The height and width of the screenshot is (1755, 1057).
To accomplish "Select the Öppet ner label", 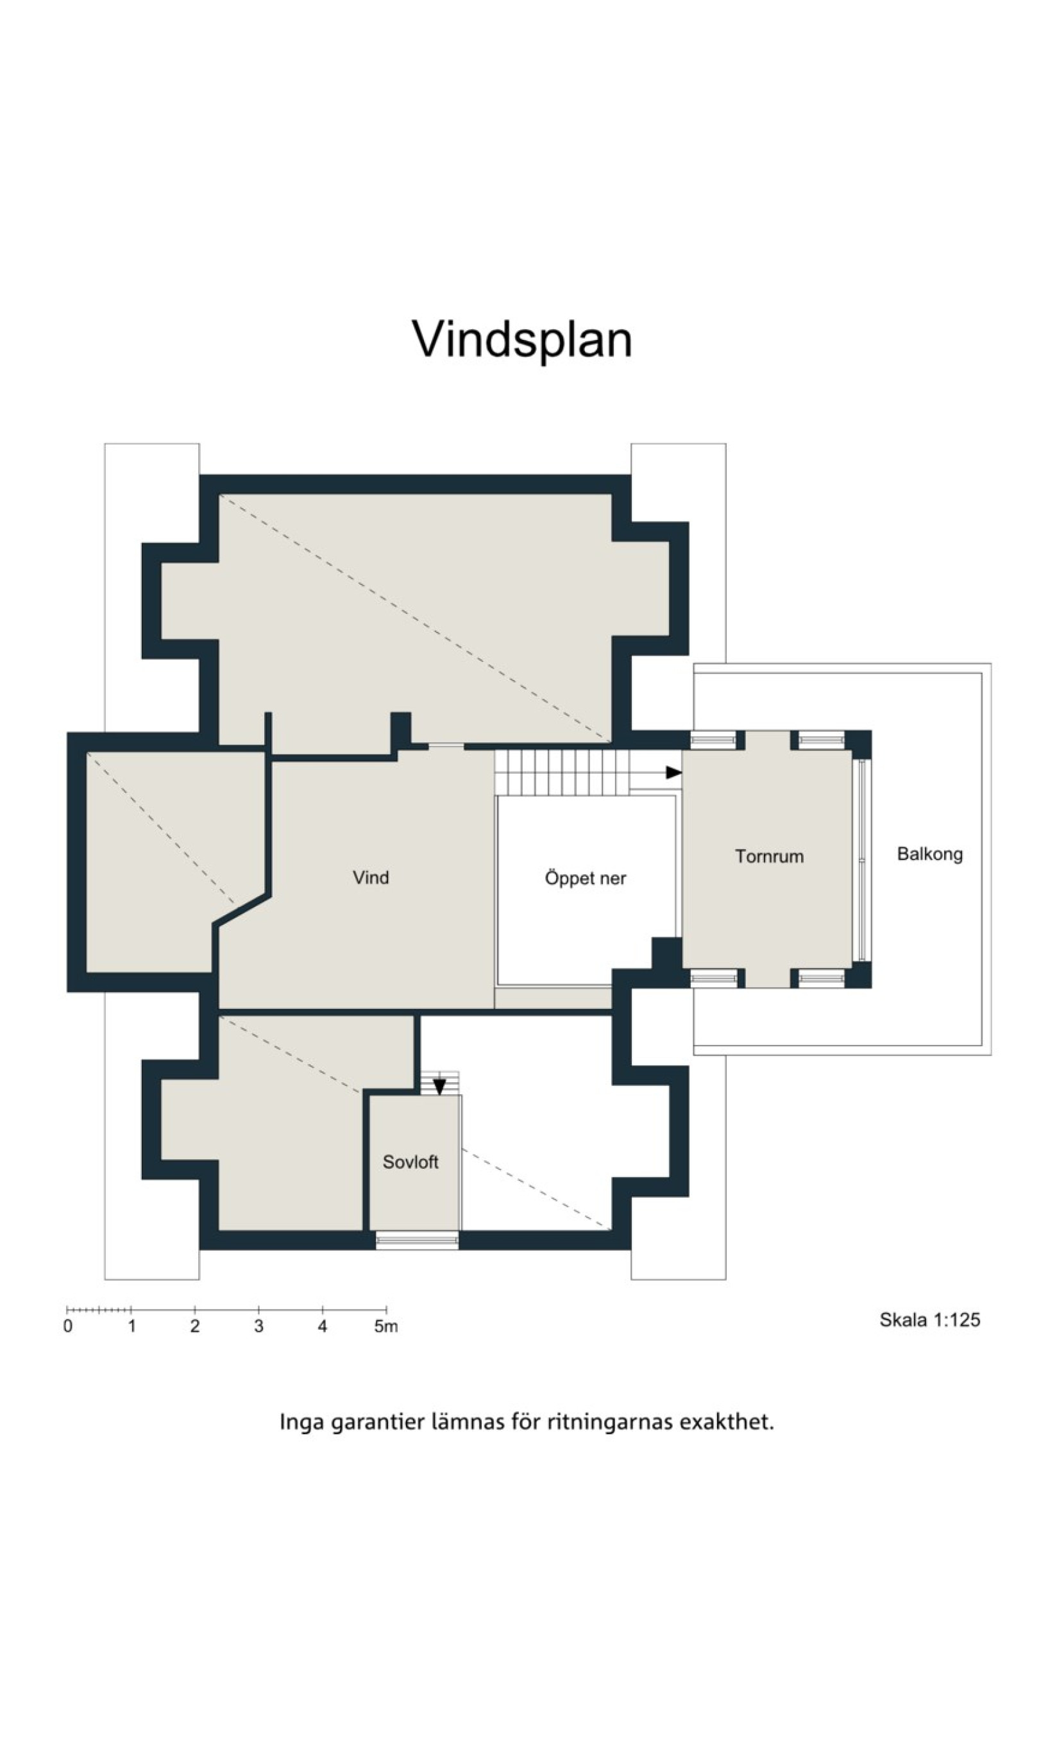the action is tap(586, 878).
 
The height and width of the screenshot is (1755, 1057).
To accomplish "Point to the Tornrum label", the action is tap(769, 856).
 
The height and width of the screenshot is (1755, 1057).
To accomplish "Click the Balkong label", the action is tap(929, 854).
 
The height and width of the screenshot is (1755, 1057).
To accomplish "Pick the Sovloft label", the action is tap(410, 1162).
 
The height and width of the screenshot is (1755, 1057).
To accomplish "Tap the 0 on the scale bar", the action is tap(67, 1327).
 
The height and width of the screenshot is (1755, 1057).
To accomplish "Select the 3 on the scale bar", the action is tap(258, 1327).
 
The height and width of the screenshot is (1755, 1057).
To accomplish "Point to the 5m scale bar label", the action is tap(386, 1327).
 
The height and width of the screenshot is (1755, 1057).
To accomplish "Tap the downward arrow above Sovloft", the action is tap(439, 1085).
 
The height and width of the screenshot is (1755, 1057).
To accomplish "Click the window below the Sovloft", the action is tap(418, 1241).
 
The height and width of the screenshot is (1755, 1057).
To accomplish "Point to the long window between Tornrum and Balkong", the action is tap(862, 860).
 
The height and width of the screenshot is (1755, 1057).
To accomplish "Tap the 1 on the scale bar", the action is tap(131, 1327).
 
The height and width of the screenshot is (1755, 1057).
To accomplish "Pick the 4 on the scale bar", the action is tap(323, 1327).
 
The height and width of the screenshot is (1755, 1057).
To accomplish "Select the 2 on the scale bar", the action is tap(195, 1327).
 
